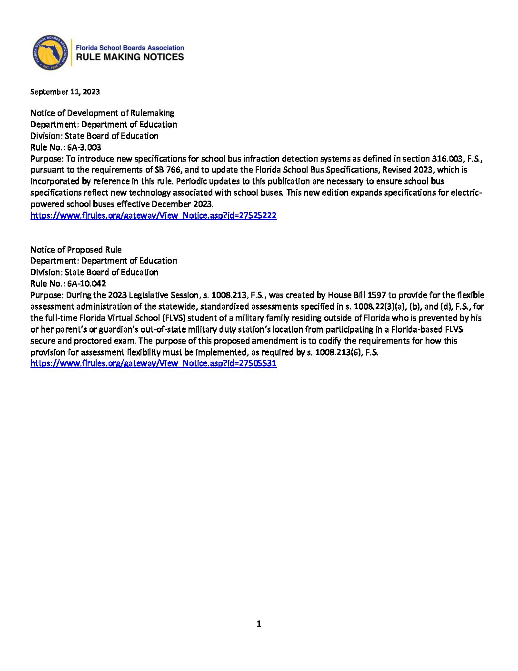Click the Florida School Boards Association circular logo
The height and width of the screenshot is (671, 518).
tap(50, 52)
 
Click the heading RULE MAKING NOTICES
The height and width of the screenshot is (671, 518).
tap(130, 57)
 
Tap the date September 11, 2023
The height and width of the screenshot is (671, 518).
tap(65, 92)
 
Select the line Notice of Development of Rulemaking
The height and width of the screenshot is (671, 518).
tap(102, 113)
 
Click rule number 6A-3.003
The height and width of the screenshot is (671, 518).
tap(84, 147)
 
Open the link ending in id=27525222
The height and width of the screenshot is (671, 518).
tap(153, 215)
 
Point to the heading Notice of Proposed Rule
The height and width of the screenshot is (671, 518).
tap(76, 250)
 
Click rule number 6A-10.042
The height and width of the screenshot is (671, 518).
tap(86, 284)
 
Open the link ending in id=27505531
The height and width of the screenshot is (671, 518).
tap(153, 363)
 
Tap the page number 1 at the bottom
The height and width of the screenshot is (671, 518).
tap(259, 624)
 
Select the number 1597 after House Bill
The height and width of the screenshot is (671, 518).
tap(377, 295)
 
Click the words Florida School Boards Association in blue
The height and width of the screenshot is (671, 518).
tap(130, 48)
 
